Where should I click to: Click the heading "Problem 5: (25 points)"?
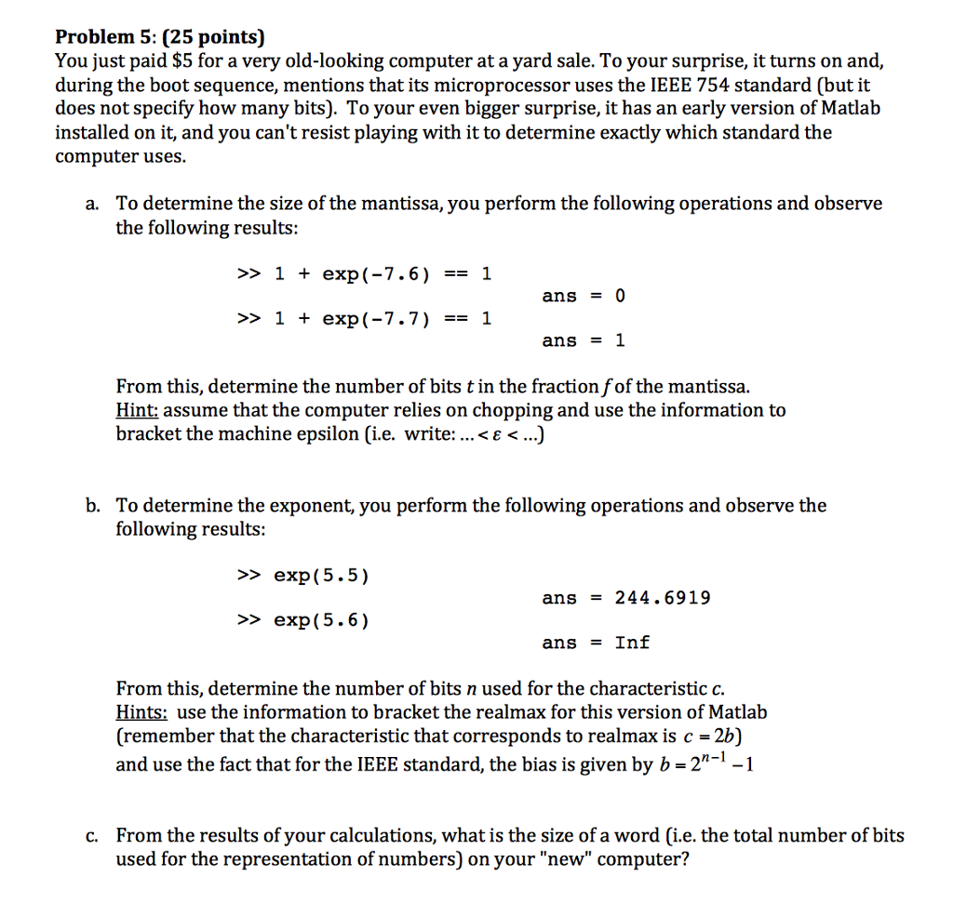[x=160, y=37]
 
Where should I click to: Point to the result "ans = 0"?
[x=584, y=296]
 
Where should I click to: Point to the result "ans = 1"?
[x=584, y=341]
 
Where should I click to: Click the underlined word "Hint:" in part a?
[x=136, y=410]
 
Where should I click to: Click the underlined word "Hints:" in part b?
[x=141, y=712]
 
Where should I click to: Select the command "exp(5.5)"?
[x=321, y=576]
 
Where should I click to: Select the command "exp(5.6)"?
[x=321, y=620]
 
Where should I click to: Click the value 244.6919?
[x=662, y=598]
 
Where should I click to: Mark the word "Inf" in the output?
[x=632, y=643]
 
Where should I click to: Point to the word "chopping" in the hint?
[x=514, y=410]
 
